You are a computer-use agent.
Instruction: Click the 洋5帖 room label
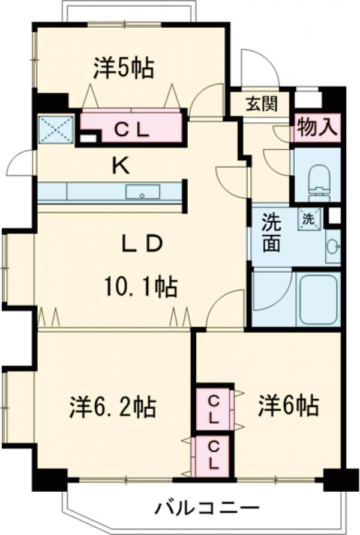coord(123,68)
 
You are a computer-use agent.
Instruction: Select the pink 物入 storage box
coord(317,127)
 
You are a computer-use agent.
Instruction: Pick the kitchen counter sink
coord(143,193)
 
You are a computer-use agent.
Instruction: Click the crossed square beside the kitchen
coord(55,127)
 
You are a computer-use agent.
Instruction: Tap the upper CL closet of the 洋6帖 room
coord(214,407)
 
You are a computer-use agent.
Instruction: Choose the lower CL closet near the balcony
coord(212,455)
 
